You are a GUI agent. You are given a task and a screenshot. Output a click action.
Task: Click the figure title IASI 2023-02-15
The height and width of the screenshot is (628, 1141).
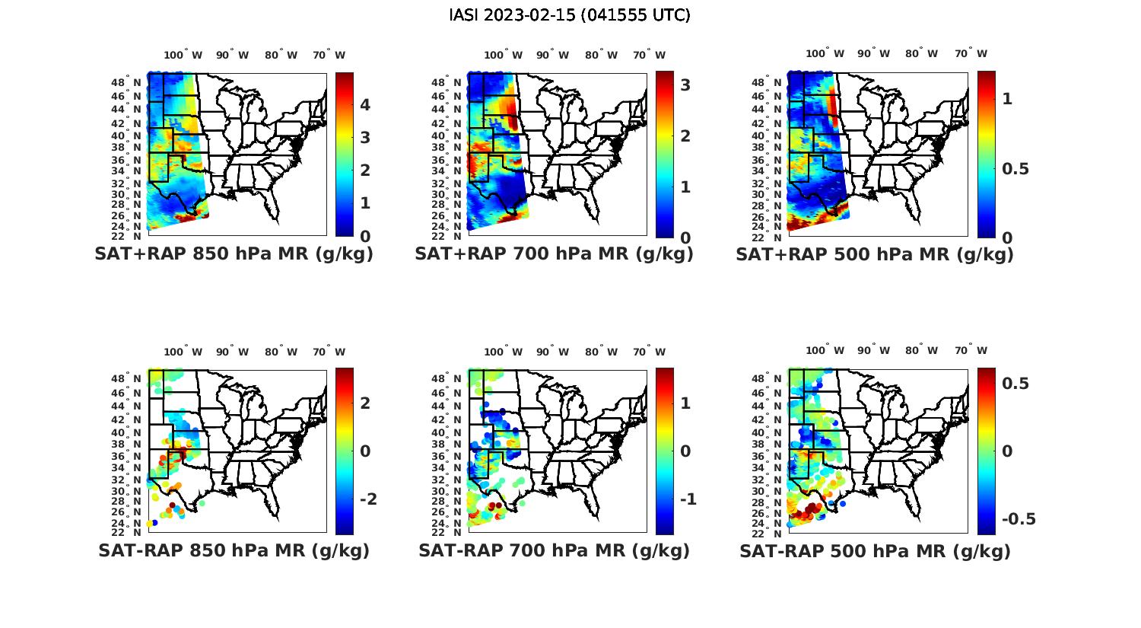point(570,15)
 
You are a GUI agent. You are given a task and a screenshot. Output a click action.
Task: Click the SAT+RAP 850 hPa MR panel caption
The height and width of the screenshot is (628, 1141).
point(234,254)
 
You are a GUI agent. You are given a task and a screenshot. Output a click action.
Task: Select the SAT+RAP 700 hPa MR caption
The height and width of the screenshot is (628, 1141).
point(554,254)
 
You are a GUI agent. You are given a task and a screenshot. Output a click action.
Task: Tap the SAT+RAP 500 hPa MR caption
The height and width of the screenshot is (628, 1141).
point(875,254)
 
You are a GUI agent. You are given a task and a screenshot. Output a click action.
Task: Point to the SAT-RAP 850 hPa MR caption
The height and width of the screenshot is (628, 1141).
point(234,550)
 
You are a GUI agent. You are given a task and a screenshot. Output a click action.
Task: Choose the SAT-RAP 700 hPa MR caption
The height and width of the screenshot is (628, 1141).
point(554,550)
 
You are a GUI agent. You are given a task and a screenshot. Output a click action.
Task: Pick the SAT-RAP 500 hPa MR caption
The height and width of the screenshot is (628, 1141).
point(875,550)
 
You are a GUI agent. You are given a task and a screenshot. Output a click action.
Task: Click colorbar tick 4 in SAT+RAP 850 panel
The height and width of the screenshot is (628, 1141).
point(365,105)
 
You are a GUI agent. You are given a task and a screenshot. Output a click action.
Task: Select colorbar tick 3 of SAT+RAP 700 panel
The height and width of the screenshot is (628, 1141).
point(685,85)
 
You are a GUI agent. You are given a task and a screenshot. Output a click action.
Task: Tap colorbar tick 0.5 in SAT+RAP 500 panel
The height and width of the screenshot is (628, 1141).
point(1015,168)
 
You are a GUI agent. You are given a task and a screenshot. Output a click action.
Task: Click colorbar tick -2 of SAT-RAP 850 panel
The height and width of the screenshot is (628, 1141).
point(368,499)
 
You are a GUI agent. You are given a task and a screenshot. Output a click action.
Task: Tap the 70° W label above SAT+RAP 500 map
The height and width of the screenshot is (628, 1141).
point(971,54)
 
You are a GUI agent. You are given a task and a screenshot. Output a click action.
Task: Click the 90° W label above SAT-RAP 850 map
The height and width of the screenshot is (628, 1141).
point(232,352)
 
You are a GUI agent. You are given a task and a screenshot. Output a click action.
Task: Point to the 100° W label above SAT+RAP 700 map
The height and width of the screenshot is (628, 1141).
point(503,55)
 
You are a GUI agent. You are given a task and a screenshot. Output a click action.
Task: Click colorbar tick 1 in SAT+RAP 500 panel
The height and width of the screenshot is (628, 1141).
point(1007,99)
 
